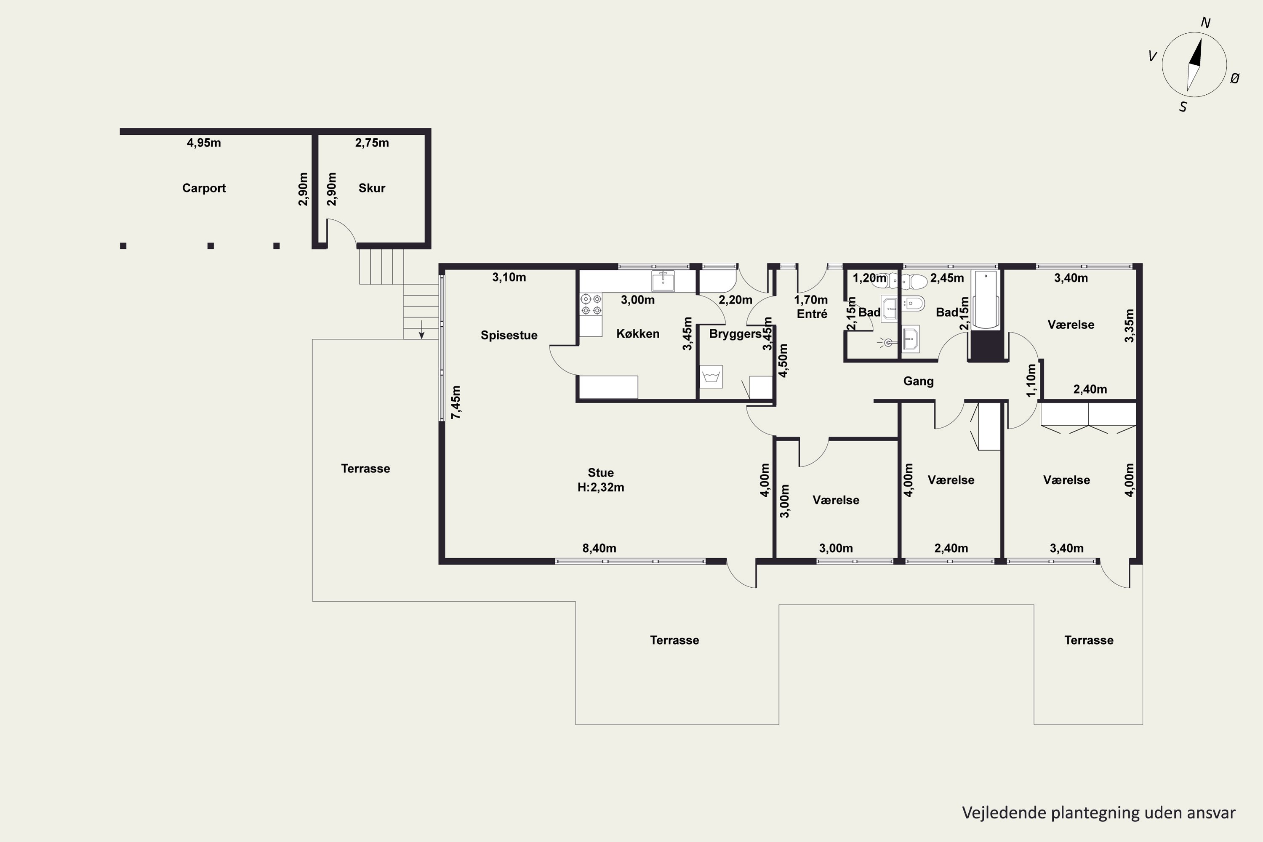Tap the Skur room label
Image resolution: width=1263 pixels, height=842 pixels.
point(372,188)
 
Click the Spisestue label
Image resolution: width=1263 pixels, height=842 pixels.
point(509,336)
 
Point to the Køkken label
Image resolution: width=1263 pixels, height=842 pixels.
point(637,333)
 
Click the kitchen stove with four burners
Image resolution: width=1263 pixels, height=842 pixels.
point(591,304)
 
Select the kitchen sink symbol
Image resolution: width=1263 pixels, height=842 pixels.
point(663,281)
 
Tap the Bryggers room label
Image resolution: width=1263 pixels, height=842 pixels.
point(735,334)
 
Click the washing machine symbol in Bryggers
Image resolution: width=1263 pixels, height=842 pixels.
point(711,376)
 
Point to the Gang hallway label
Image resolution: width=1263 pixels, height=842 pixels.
point(918,381)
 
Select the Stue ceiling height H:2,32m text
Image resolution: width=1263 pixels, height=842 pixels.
point(600,488)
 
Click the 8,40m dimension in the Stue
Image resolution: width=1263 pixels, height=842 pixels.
point(599,548)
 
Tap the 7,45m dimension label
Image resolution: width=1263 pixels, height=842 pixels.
point(456,402)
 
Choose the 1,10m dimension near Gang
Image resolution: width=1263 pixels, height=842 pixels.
point(1031,381)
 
